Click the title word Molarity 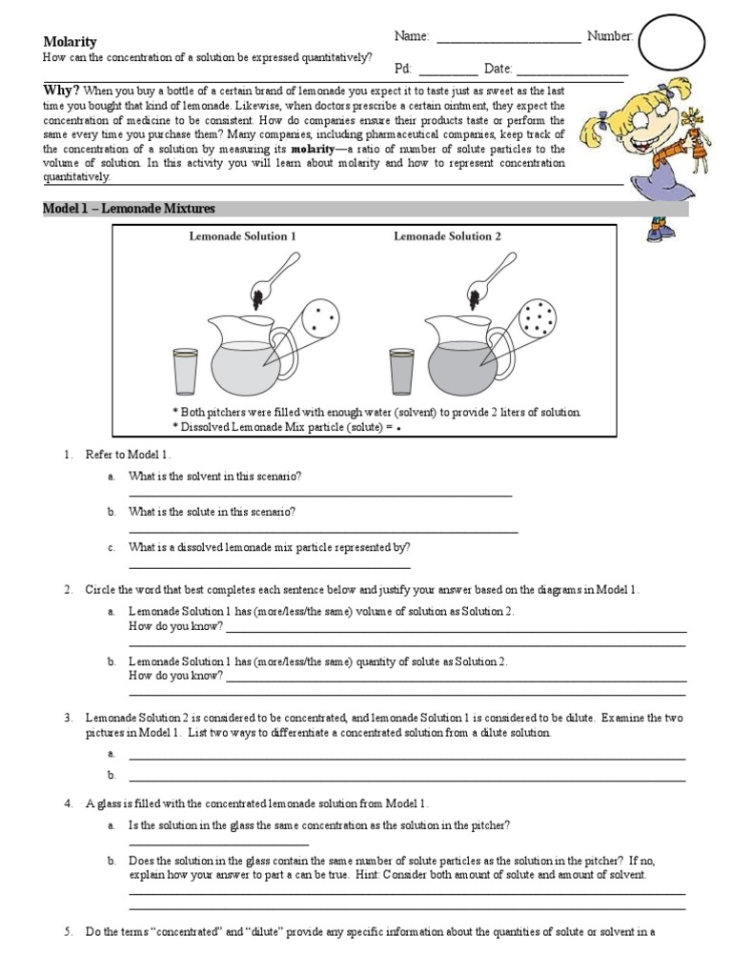click(71, 41)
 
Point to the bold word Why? click(61, 91)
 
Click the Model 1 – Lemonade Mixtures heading click(130, 209)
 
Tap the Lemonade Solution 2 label click(447, 236)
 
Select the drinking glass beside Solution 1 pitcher click(186, 371)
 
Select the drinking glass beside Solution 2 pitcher click(402, 371)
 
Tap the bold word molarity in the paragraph click(313, 150)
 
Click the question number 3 click(69, 717)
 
